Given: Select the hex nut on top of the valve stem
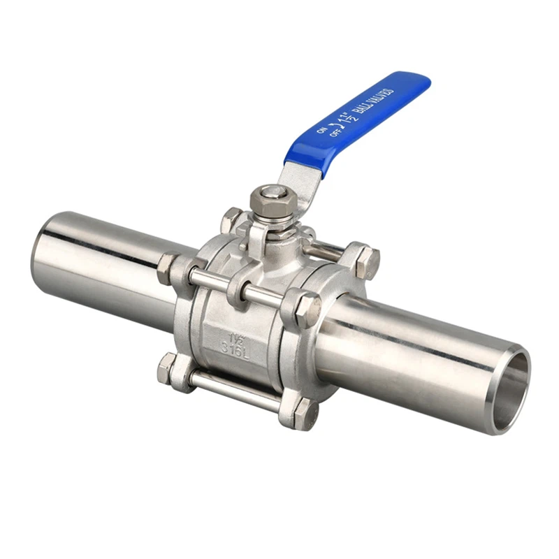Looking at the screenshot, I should click(x=267, y=199).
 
